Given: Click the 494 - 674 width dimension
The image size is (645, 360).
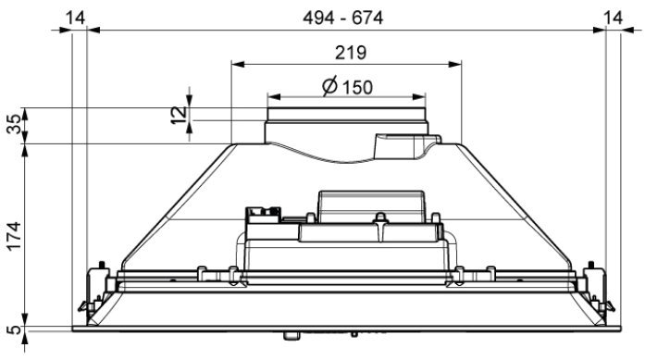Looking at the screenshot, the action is [x=342, y=19].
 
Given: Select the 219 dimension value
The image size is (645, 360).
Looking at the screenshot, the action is [x=351, y=53].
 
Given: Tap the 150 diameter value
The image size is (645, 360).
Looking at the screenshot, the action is [x=357, y=88].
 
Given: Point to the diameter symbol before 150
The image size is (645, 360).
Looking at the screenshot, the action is [x=330, y=85].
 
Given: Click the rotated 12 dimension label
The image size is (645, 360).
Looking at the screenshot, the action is [x=179, y=115].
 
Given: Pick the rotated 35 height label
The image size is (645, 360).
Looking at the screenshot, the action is [x=15, y=124].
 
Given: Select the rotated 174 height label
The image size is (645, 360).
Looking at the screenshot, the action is [x=15, y=236].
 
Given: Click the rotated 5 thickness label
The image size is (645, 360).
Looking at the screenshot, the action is [x=15, y=329].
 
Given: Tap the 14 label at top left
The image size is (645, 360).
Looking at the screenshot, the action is [x=76, y=19].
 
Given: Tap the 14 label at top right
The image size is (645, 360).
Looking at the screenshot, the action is [x=613, y=19].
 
